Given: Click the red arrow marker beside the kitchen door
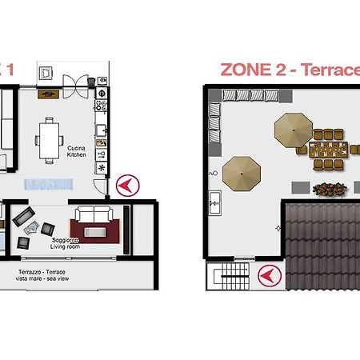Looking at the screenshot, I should click(x=124, y=186).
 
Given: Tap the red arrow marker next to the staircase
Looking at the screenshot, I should click(x=268, y=277).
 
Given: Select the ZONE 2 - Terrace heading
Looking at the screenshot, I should click(x=289, y=70).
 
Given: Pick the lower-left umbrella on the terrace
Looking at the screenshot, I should click(x=242, y=172).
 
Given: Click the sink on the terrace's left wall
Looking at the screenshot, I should click(x=214, y=203).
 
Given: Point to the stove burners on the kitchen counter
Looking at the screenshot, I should click(x=102, y=104).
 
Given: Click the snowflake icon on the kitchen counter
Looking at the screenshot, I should click(x=102, y=169).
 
